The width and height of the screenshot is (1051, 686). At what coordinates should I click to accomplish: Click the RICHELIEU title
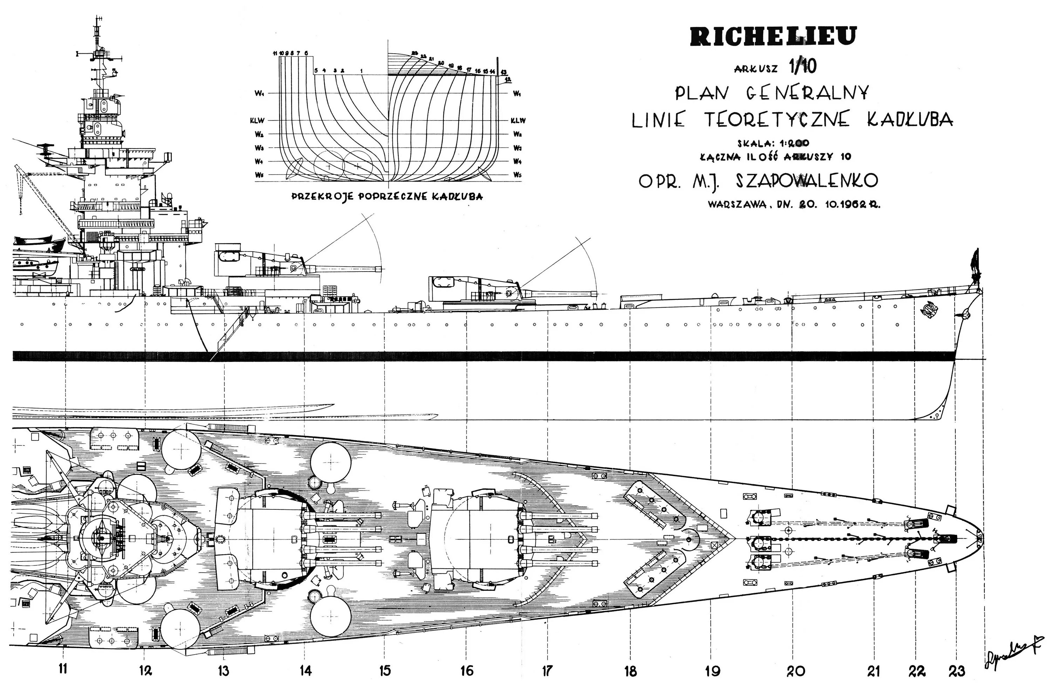tap(773, 36)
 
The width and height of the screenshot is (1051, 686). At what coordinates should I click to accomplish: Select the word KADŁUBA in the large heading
tap(910, 120)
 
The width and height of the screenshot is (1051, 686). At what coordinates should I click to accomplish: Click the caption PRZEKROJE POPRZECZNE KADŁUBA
tap(387, 196)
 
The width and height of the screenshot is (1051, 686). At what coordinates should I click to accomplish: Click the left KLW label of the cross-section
tap(260, 121)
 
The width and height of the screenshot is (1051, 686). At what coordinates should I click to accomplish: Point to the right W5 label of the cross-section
tap(517, 175)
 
